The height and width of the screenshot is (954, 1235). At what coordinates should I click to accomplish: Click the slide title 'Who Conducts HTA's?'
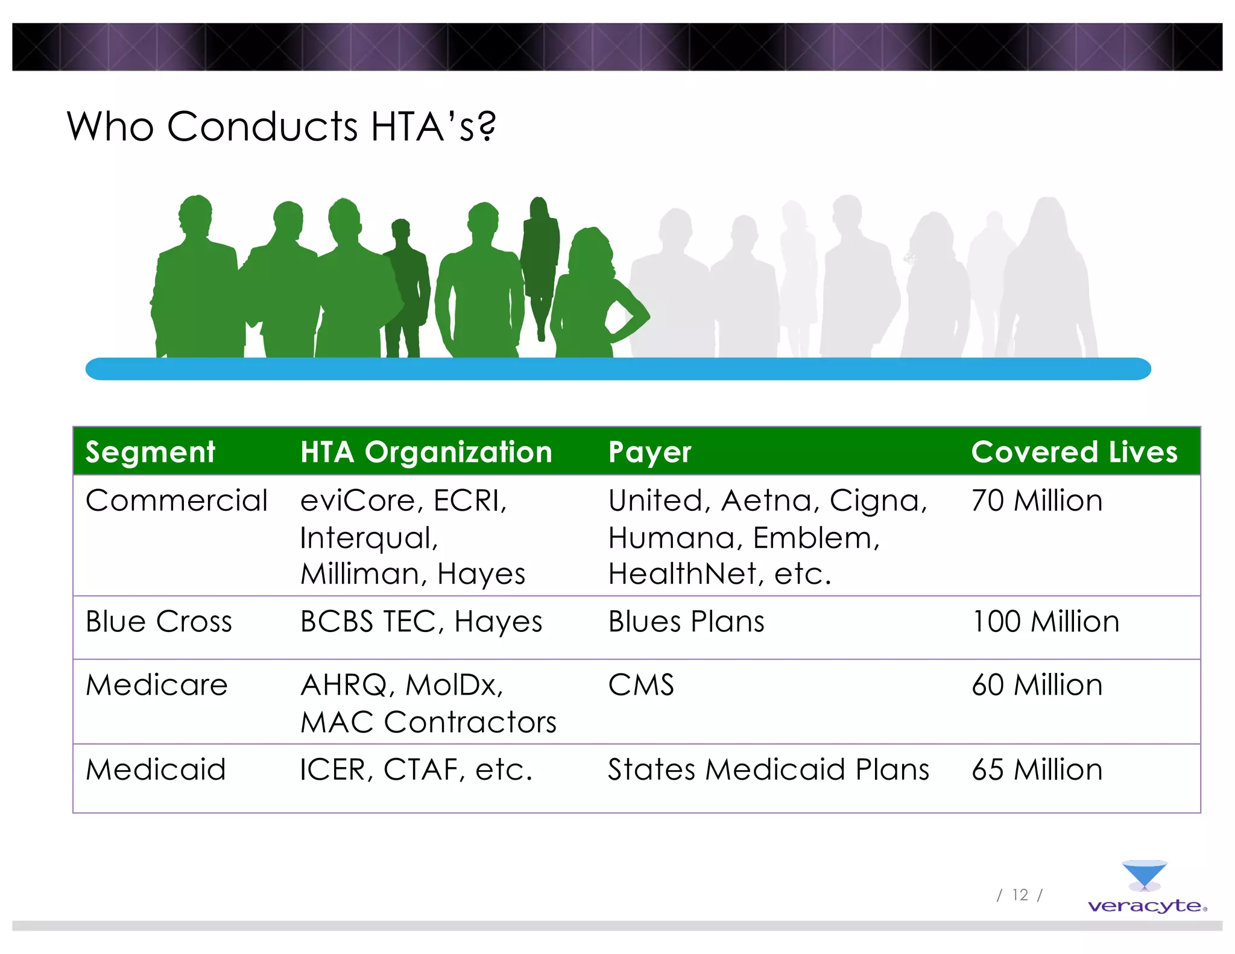(281, 127)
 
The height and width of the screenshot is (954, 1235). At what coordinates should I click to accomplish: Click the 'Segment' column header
(150, 452)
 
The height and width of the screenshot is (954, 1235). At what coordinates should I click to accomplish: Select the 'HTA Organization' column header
(426, 452)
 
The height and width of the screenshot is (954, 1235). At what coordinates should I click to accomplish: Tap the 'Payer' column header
(649, 452)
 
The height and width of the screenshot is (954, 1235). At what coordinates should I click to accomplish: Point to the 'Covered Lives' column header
(1073, 452)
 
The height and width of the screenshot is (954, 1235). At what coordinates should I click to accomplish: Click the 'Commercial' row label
(176, 501)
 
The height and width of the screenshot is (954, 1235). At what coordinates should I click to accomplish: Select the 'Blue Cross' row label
(159, 622)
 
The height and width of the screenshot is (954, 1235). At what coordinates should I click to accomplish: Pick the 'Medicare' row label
(157, 685)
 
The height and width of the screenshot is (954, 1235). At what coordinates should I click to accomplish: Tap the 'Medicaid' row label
(156, 769)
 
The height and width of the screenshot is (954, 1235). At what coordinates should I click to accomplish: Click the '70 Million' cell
(1037, 501)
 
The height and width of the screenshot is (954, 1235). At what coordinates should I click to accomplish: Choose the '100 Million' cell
(1045, 622)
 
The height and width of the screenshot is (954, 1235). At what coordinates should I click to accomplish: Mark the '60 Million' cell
(1037, 685)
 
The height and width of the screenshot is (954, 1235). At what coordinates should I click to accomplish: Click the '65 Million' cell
(1037, 769)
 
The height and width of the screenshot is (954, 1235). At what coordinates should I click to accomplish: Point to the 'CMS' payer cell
(640, 685)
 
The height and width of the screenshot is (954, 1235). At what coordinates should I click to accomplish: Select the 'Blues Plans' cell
(686, 622)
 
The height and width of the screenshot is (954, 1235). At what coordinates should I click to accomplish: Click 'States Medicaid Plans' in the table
(768, 769)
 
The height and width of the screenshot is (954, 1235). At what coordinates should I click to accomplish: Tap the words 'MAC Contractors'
(428, 722)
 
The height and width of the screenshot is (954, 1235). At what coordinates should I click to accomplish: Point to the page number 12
(1020, 895)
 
